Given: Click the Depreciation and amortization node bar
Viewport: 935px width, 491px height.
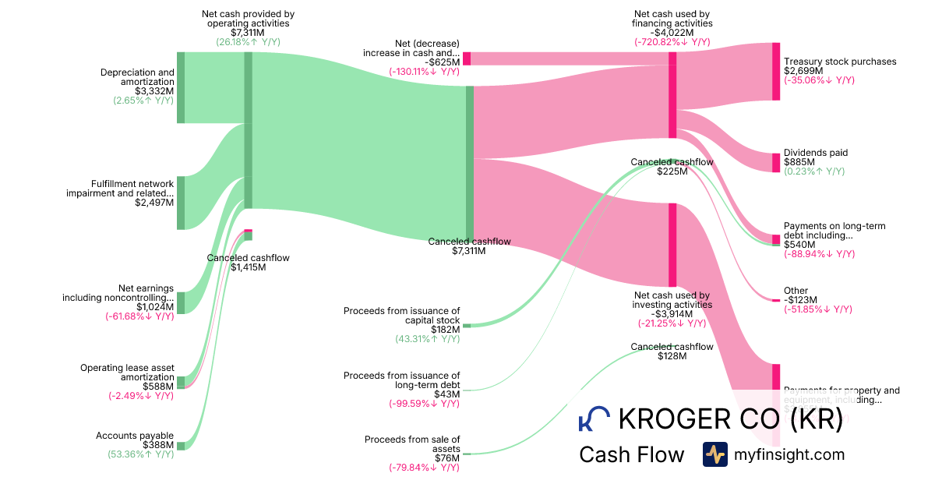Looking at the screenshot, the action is pyautogui.click(x=181, y=87).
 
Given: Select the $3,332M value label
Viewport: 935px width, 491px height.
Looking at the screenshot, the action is pyautogui.click(x=154, y=91).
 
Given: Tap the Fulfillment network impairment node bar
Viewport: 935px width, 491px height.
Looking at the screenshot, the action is pyautogui.click(x=181, y=203).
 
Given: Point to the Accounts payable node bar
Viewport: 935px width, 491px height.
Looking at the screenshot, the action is pyautogui.click(x=181, y=446).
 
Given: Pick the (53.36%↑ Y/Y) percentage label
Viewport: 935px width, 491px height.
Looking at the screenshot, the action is pyautogui.click(x=141, y=454).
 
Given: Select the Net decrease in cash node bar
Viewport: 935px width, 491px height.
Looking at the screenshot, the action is pyautogui.click(x=467, y=58).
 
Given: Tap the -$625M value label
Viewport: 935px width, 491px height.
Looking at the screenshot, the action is pyautogui.click(x=442, y=62).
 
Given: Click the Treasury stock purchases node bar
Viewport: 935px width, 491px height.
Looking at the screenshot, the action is pyautogui.click(x=775, y=72).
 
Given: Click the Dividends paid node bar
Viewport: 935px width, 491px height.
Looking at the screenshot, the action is pyautogui.click(x=775, y=162).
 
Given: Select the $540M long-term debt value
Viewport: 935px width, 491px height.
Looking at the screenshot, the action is pyautogui.click(x=798, y=245).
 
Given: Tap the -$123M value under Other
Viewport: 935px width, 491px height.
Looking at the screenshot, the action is pyautogui.click(x=801, y=300).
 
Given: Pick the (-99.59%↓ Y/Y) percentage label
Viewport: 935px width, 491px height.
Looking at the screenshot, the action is pyautogui.click(x=424, y=404).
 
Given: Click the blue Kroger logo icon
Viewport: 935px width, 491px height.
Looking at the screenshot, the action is pyautogui.click(x=594, y=419).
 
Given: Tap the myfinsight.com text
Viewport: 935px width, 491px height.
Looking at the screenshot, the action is pyautogui.click(x=789, y=454).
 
